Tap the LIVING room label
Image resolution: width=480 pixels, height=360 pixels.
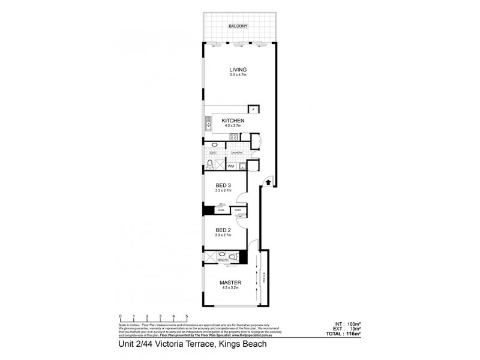[x=238, y=69]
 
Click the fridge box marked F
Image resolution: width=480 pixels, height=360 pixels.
[x=253, y=110]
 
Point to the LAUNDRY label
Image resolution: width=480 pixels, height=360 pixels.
[x=237, y=153]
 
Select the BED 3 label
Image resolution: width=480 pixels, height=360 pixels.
[x=223, y=185]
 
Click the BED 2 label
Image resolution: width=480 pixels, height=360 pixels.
[x=223, y=230]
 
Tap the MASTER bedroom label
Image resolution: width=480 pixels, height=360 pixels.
[x=230, y=283]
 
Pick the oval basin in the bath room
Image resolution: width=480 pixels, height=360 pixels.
[x=214, y=146]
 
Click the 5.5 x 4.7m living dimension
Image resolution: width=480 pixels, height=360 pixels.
[x=238, y=75]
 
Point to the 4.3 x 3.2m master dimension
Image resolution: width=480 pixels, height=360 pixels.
[x=230, y=289]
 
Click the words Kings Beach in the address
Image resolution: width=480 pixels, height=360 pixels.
[x=243, y=344]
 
